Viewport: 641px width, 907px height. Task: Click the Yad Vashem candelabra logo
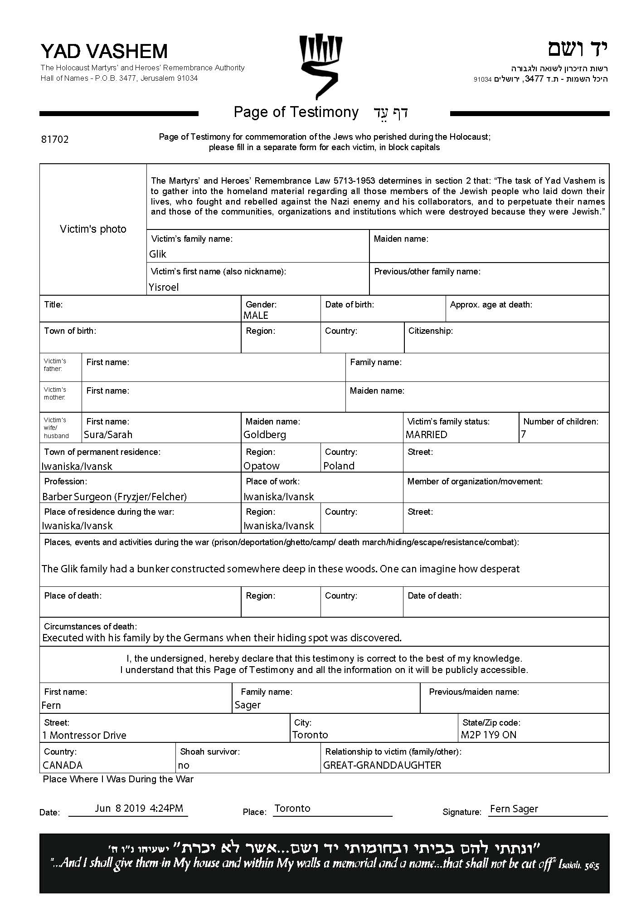click(x=320, y=66)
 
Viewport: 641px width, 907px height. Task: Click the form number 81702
click(x=55, y=140)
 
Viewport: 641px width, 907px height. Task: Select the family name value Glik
click(x=158, y=254)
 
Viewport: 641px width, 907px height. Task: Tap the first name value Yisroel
click(x=164, y=288)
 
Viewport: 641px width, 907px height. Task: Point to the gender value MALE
click(x=256, y=316)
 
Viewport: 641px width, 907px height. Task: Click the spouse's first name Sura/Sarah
click(x=108, y=435)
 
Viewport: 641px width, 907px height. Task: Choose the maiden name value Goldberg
click(x=265, y=435)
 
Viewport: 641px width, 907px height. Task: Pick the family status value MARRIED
click(x=426, y=435)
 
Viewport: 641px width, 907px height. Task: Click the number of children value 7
click(x=524, y=434)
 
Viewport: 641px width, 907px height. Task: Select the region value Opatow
click(x=262, y=466)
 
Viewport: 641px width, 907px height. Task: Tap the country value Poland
click(x=339, y=466)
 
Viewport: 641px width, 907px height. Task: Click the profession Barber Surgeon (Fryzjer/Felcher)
click(x=114, y=497)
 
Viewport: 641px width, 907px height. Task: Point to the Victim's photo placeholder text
click(x=93, y=229)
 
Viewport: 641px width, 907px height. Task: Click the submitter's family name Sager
click(x=248, y=705)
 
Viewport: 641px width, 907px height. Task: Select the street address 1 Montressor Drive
click(x=84, y=735)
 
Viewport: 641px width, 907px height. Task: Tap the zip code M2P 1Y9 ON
click(x=489, y=735)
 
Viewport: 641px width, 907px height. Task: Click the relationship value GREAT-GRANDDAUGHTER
click(x=382, y=766)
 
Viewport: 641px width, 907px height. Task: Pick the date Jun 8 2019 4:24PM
click(x=139, y=808)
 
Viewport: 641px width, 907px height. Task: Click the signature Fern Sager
click(x=514, y=809)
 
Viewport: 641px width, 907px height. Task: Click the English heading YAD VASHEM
click(x=104, y=51)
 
